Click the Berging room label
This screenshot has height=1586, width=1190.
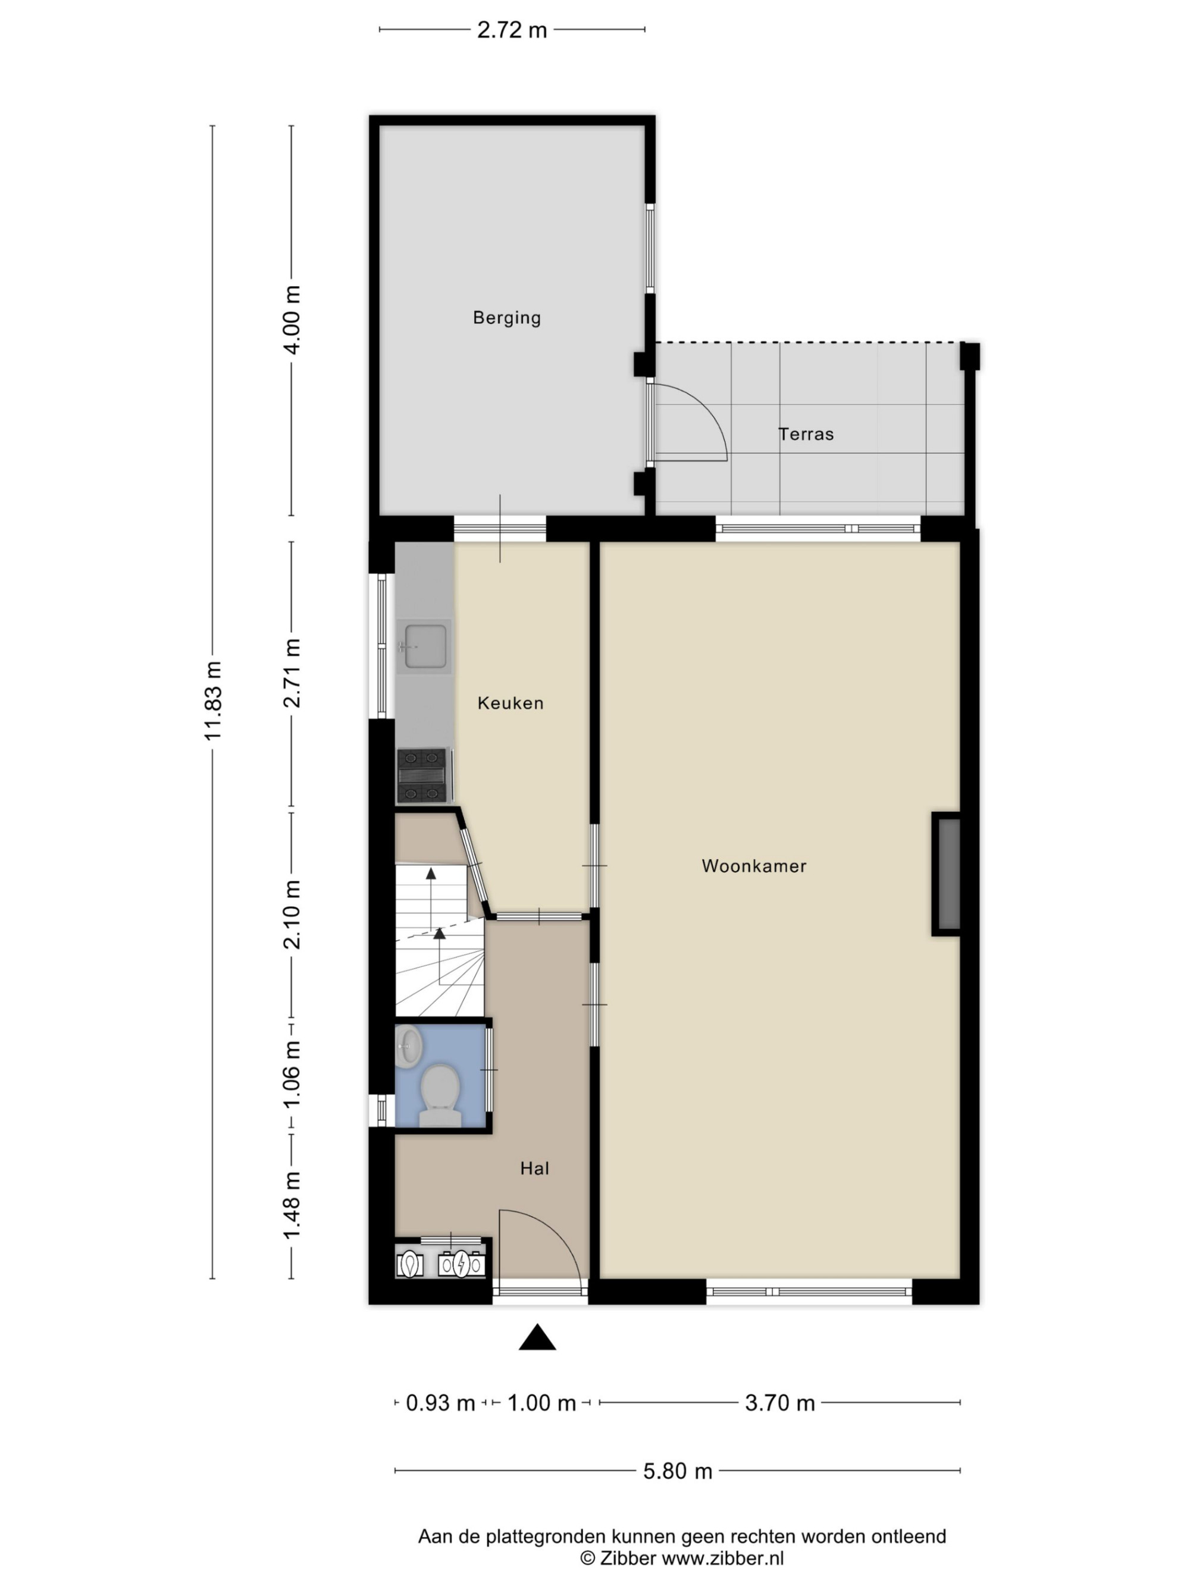506,318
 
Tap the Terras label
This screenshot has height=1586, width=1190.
806,434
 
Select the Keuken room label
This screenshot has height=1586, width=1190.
511,703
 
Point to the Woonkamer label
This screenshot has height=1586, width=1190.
754,865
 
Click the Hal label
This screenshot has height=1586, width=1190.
534,1168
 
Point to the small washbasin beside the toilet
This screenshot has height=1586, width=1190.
408,1048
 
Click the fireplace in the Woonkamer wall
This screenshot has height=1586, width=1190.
947,874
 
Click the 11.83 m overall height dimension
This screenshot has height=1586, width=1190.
212,701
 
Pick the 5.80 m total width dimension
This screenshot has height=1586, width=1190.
677,1471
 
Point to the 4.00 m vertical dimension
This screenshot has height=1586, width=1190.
291,319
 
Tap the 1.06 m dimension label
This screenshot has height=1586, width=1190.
291,1074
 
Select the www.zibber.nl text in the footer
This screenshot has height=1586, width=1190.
722,1558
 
